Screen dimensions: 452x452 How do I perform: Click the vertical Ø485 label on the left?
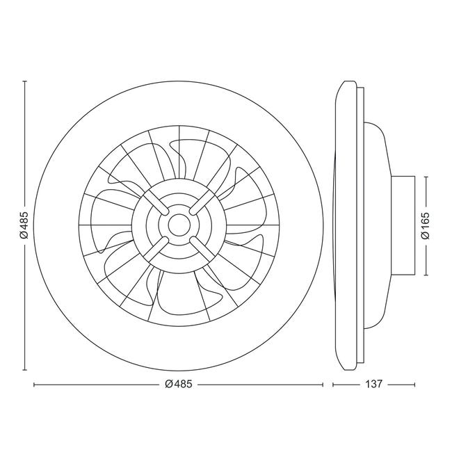(x=24, y=226)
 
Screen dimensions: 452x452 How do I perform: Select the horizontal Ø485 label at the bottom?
(x=179, y=384)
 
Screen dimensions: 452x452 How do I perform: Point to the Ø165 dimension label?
(x=426, y=226)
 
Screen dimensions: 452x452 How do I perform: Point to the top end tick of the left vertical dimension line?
(x=24, y=81)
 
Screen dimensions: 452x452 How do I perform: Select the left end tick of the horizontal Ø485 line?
(x=34, y=384)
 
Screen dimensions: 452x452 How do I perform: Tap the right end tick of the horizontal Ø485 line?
(x=323, y=384)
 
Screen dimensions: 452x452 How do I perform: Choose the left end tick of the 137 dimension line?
(x=333, y=384)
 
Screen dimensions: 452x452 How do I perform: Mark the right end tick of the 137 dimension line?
(x=415, y=384)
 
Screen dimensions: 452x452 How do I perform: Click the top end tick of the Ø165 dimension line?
(x=426, y=177)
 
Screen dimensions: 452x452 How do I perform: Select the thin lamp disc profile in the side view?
(x=346, y=226)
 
